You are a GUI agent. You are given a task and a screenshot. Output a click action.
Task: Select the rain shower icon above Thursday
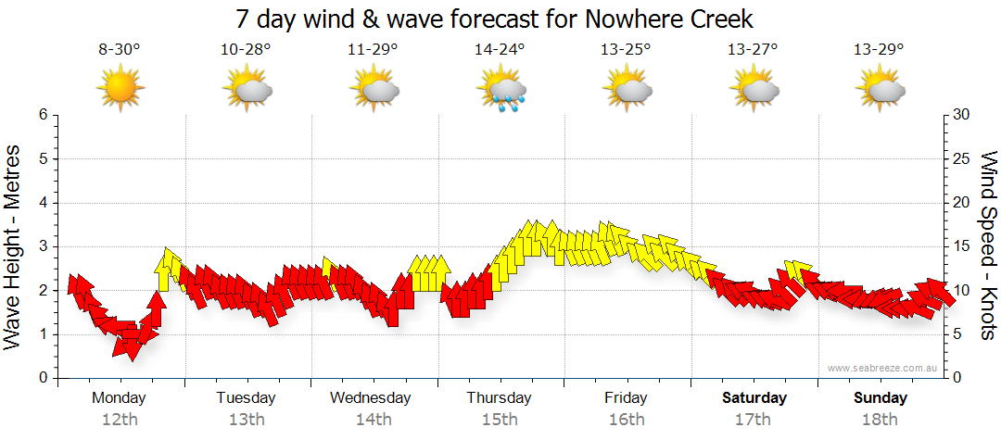(501, 90)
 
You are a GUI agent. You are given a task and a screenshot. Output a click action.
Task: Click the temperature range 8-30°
(120, 50)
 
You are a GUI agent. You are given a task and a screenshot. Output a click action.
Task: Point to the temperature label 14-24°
(500, 50)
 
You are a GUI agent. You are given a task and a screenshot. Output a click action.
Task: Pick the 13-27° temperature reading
(753, 50)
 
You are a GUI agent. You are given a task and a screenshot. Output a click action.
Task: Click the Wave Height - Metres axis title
(15, 246)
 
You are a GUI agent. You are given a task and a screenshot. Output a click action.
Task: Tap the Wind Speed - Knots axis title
(987, 246)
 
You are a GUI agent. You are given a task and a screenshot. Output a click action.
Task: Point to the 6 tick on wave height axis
(42, 115)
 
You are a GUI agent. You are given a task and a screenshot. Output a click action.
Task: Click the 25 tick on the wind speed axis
(963, 158)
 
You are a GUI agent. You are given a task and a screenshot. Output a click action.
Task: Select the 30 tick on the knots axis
(963, 115)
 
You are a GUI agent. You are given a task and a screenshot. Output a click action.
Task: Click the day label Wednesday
(371, 398)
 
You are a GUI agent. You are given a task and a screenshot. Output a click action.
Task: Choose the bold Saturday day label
(754, 398)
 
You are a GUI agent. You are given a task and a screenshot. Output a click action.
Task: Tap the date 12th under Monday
(120, 419)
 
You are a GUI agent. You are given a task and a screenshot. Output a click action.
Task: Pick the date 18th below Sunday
(881, 419)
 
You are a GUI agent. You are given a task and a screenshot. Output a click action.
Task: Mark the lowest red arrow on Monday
(130, 348)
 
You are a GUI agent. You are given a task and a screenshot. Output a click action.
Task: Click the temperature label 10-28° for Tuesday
(246, 50)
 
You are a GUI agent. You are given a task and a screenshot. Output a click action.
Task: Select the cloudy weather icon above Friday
(627, 90)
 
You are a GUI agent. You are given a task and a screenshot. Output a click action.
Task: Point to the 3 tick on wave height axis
(42, 246)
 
